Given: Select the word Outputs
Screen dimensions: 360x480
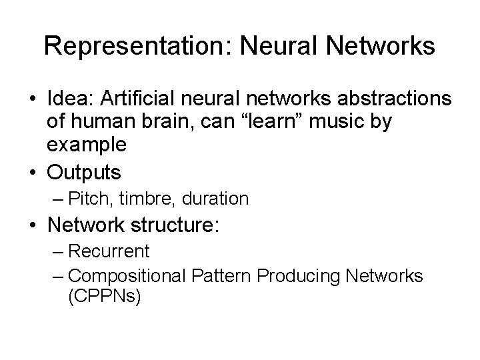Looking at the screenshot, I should [84, 173].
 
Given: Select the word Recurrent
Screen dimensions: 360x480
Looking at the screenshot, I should [109, 251].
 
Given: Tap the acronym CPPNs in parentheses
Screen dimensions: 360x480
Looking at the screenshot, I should [104, 295].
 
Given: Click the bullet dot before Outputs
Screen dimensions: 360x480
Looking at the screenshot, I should [31, 173].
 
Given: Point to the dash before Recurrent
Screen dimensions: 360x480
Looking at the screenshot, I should [57, 251].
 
